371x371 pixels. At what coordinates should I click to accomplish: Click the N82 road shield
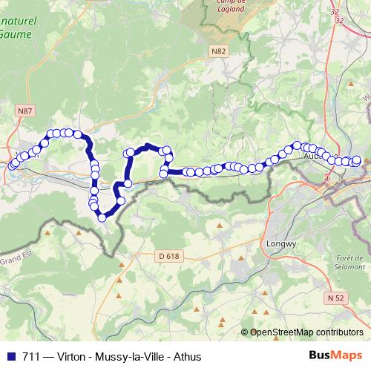[x=217, y=51]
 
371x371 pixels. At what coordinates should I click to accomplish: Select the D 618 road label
[x=169, y=256]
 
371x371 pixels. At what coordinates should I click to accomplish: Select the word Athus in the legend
[x=187, y=357]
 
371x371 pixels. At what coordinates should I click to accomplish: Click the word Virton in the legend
[x=69, y=357]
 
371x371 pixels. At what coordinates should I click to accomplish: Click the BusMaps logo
[x=335, y=356]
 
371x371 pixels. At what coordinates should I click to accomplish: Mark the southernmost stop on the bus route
[x=102, y=217]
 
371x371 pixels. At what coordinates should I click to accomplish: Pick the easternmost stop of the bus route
[x=356, y=160]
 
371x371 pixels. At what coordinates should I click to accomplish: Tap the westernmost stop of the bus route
[x=11, y=165]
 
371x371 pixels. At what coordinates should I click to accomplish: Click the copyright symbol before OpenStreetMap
[x=245, y=332]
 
